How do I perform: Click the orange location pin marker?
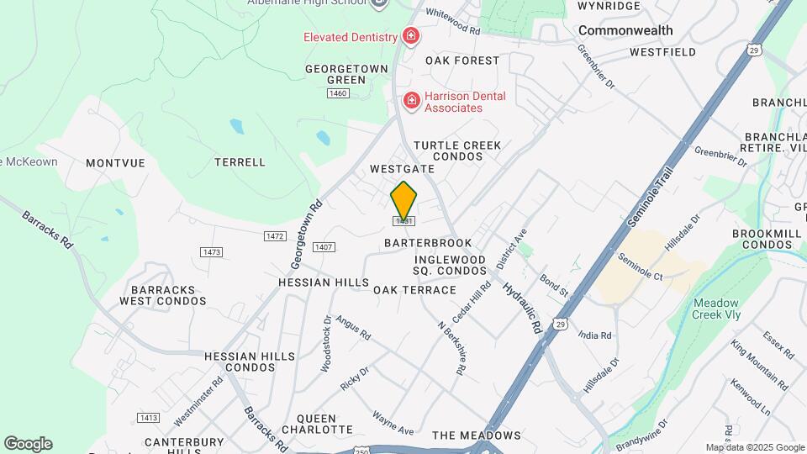point(403,201)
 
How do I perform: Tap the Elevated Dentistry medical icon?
point(411,36)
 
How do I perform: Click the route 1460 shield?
point(338,92)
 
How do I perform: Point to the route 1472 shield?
point(275,236)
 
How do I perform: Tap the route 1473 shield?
point(211,252)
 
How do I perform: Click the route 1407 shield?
point(324,247)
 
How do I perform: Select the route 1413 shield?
point(148,418)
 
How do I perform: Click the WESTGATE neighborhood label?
point(402,169)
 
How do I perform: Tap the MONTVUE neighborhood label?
point(116,162)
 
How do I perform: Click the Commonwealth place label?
point(625,30)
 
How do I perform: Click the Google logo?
point(28,444)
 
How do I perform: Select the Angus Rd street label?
point(353,327)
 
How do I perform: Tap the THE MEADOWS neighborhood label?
point(476,436)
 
